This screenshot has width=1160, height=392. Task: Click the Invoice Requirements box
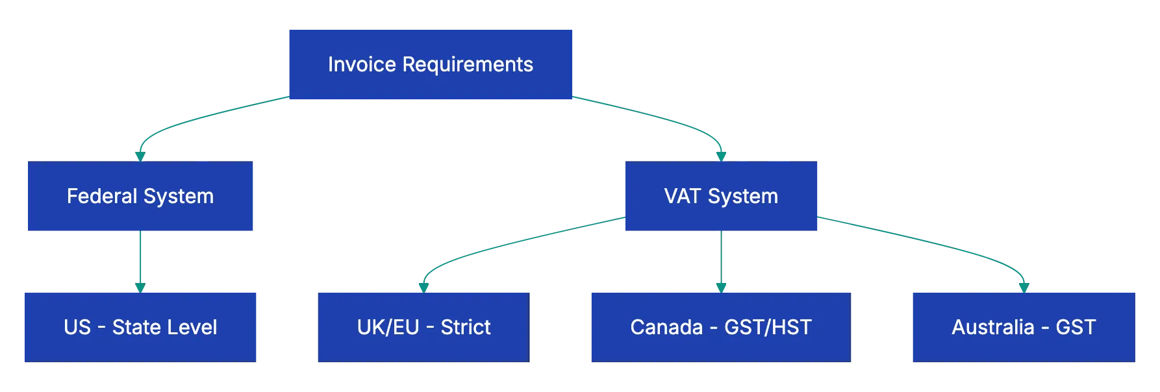[431, 64]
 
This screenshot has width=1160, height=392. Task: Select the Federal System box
[140, 197]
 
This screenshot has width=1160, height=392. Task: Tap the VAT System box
[721, 197]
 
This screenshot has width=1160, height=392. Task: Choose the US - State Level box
[140, 327]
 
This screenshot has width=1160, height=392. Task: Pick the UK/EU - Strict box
[423, 327]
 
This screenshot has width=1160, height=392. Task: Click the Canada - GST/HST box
[720, 327]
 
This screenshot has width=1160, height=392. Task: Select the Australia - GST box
[1023, 327]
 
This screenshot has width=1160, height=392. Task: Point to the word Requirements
[468, 64]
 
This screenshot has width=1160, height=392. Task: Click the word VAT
[683, 196]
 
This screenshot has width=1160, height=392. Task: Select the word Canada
[666, 327]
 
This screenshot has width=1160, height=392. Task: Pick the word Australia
[992, 327]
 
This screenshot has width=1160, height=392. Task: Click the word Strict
[466, 327]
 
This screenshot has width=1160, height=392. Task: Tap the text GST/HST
[768, 327]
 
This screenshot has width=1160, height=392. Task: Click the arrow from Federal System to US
[140, 260]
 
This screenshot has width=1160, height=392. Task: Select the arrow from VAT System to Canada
[720, 260]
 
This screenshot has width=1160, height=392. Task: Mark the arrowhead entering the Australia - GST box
[1024, 286]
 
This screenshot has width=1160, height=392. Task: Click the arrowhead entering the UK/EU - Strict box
[423, 286]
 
